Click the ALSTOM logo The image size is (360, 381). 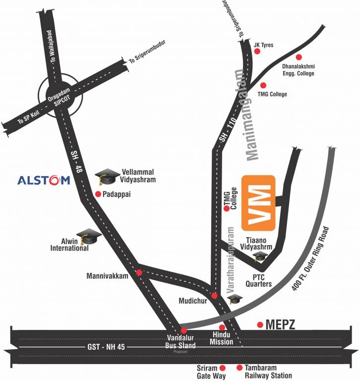coord(44,180)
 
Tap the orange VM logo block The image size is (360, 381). coord(258,202)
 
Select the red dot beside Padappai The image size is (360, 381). coord(98,194)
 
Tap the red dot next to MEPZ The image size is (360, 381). coord(259,325)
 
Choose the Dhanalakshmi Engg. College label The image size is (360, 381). coord(297,69)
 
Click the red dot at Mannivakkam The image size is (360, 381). coord(139,272)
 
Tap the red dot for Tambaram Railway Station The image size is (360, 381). coord(240,368)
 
